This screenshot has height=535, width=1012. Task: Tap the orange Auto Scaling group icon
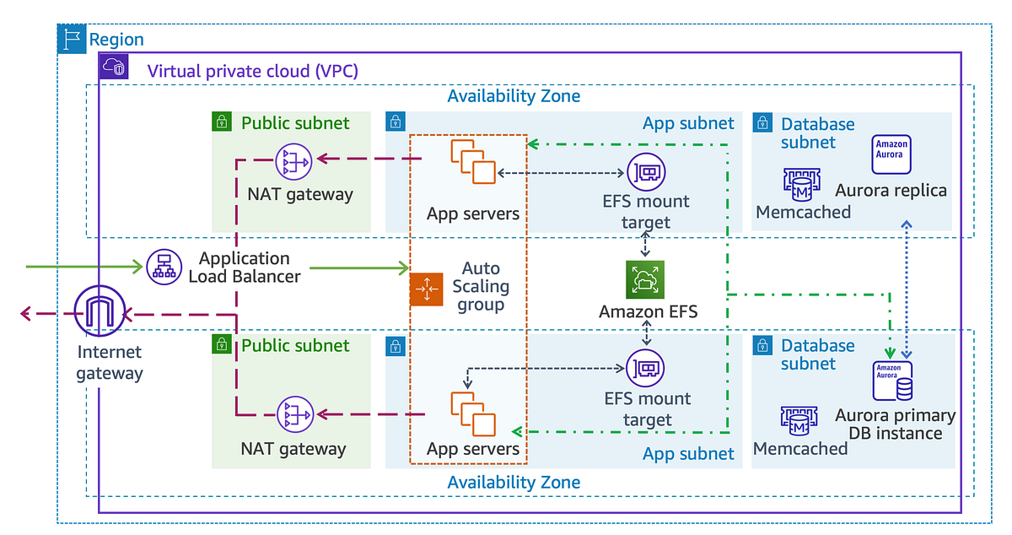pyautogui.click(x=425, y=289)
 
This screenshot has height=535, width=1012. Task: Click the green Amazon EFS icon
pyautogui.click(x=645, y=280)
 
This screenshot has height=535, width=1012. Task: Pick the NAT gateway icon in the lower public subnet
pyautogui.click(x=293, y=414)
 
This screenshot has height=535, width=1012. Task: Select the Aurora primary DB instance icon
pyautogui.click(x=892, y=381)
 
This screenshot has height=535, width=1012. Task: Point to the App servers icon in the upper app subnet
pyautogui.click(x=471, y=161)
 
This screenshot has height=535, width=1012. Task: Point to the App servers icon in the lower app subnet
pyautogui.click(x=471, y=411)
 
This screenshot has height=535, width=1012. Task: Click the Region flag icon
pyautogui.click(x=72, y=39)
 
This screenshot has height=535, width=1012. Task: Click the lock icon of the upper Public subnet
pyautogui.click(x=221, y=122)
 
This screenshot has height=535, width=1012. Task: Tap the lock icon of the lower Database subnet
pyautogui.click(x=762, y=344)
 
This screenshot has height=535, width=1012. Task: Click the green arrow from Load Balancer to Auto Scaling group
pyautogui.click(x=354, y=268)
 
